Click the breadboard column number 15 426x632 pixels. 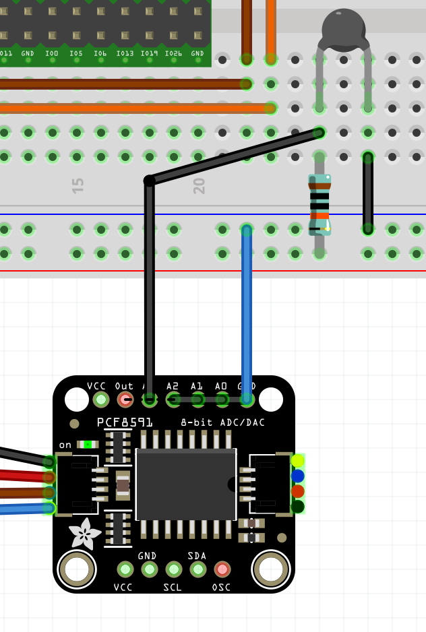(78, 186)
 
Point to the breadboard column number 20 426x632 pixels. (199, 186)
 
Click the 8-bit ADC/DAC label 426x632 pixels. (223, 422)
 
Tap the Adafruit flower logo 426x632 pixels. (85, 534)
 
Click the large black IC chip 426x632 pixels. (186, 484)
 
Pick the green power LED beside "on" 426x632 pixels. (87, 444)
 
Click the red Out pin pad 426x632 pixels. (125, 400)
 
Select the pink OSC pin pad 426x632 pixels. (222, 569)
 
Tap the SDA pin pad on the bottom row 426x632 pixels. (198, 569)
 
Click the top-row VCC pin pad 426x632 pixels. (101, 400)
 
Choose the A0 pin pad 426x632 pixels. (222, 400)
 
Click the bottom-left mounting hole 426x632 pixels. (77, 569)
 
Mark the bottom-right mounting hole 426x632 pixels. (271, 569)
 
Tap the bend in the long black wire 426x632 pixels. (150, 181)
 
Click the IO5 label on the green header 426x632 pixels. (76, 53)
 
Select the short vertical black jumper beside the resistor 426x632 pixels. (368, 192)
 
